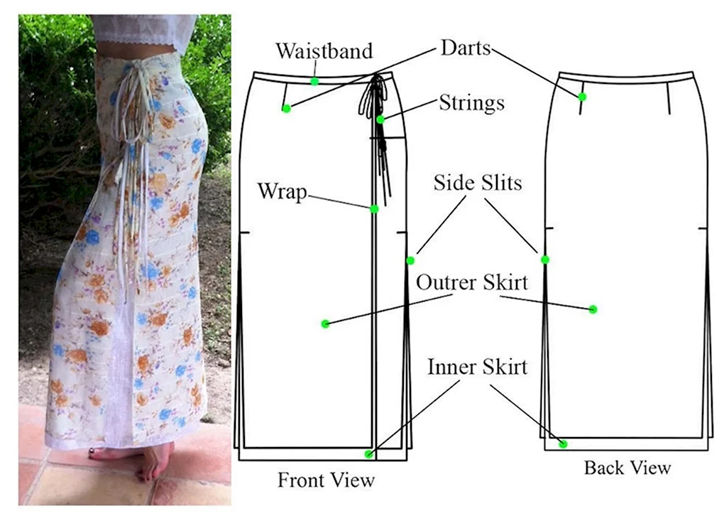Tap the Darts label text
coord(466,48)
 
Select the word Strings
coord(471,103)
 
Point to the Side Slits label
coord(478,183)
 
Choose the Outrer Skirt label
coord(472,282)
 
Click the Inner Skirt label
coord(477,367)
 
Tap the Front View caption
coord(326,480)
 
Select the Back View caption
coord(627,468)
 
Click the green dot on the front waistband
coord(314,82)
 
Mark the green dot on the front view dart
coord(286,109)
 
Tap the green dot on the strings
coord(380,119)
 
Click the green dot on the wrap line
coord(374,208)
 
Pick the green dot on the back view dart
coord(582,97)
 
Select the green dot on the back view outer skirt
coord(593,309)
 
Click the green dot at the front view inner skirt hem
coord(368,453)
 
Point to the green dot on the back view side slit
coord(544,259)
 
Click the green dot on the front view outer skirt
coord(325,324)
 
